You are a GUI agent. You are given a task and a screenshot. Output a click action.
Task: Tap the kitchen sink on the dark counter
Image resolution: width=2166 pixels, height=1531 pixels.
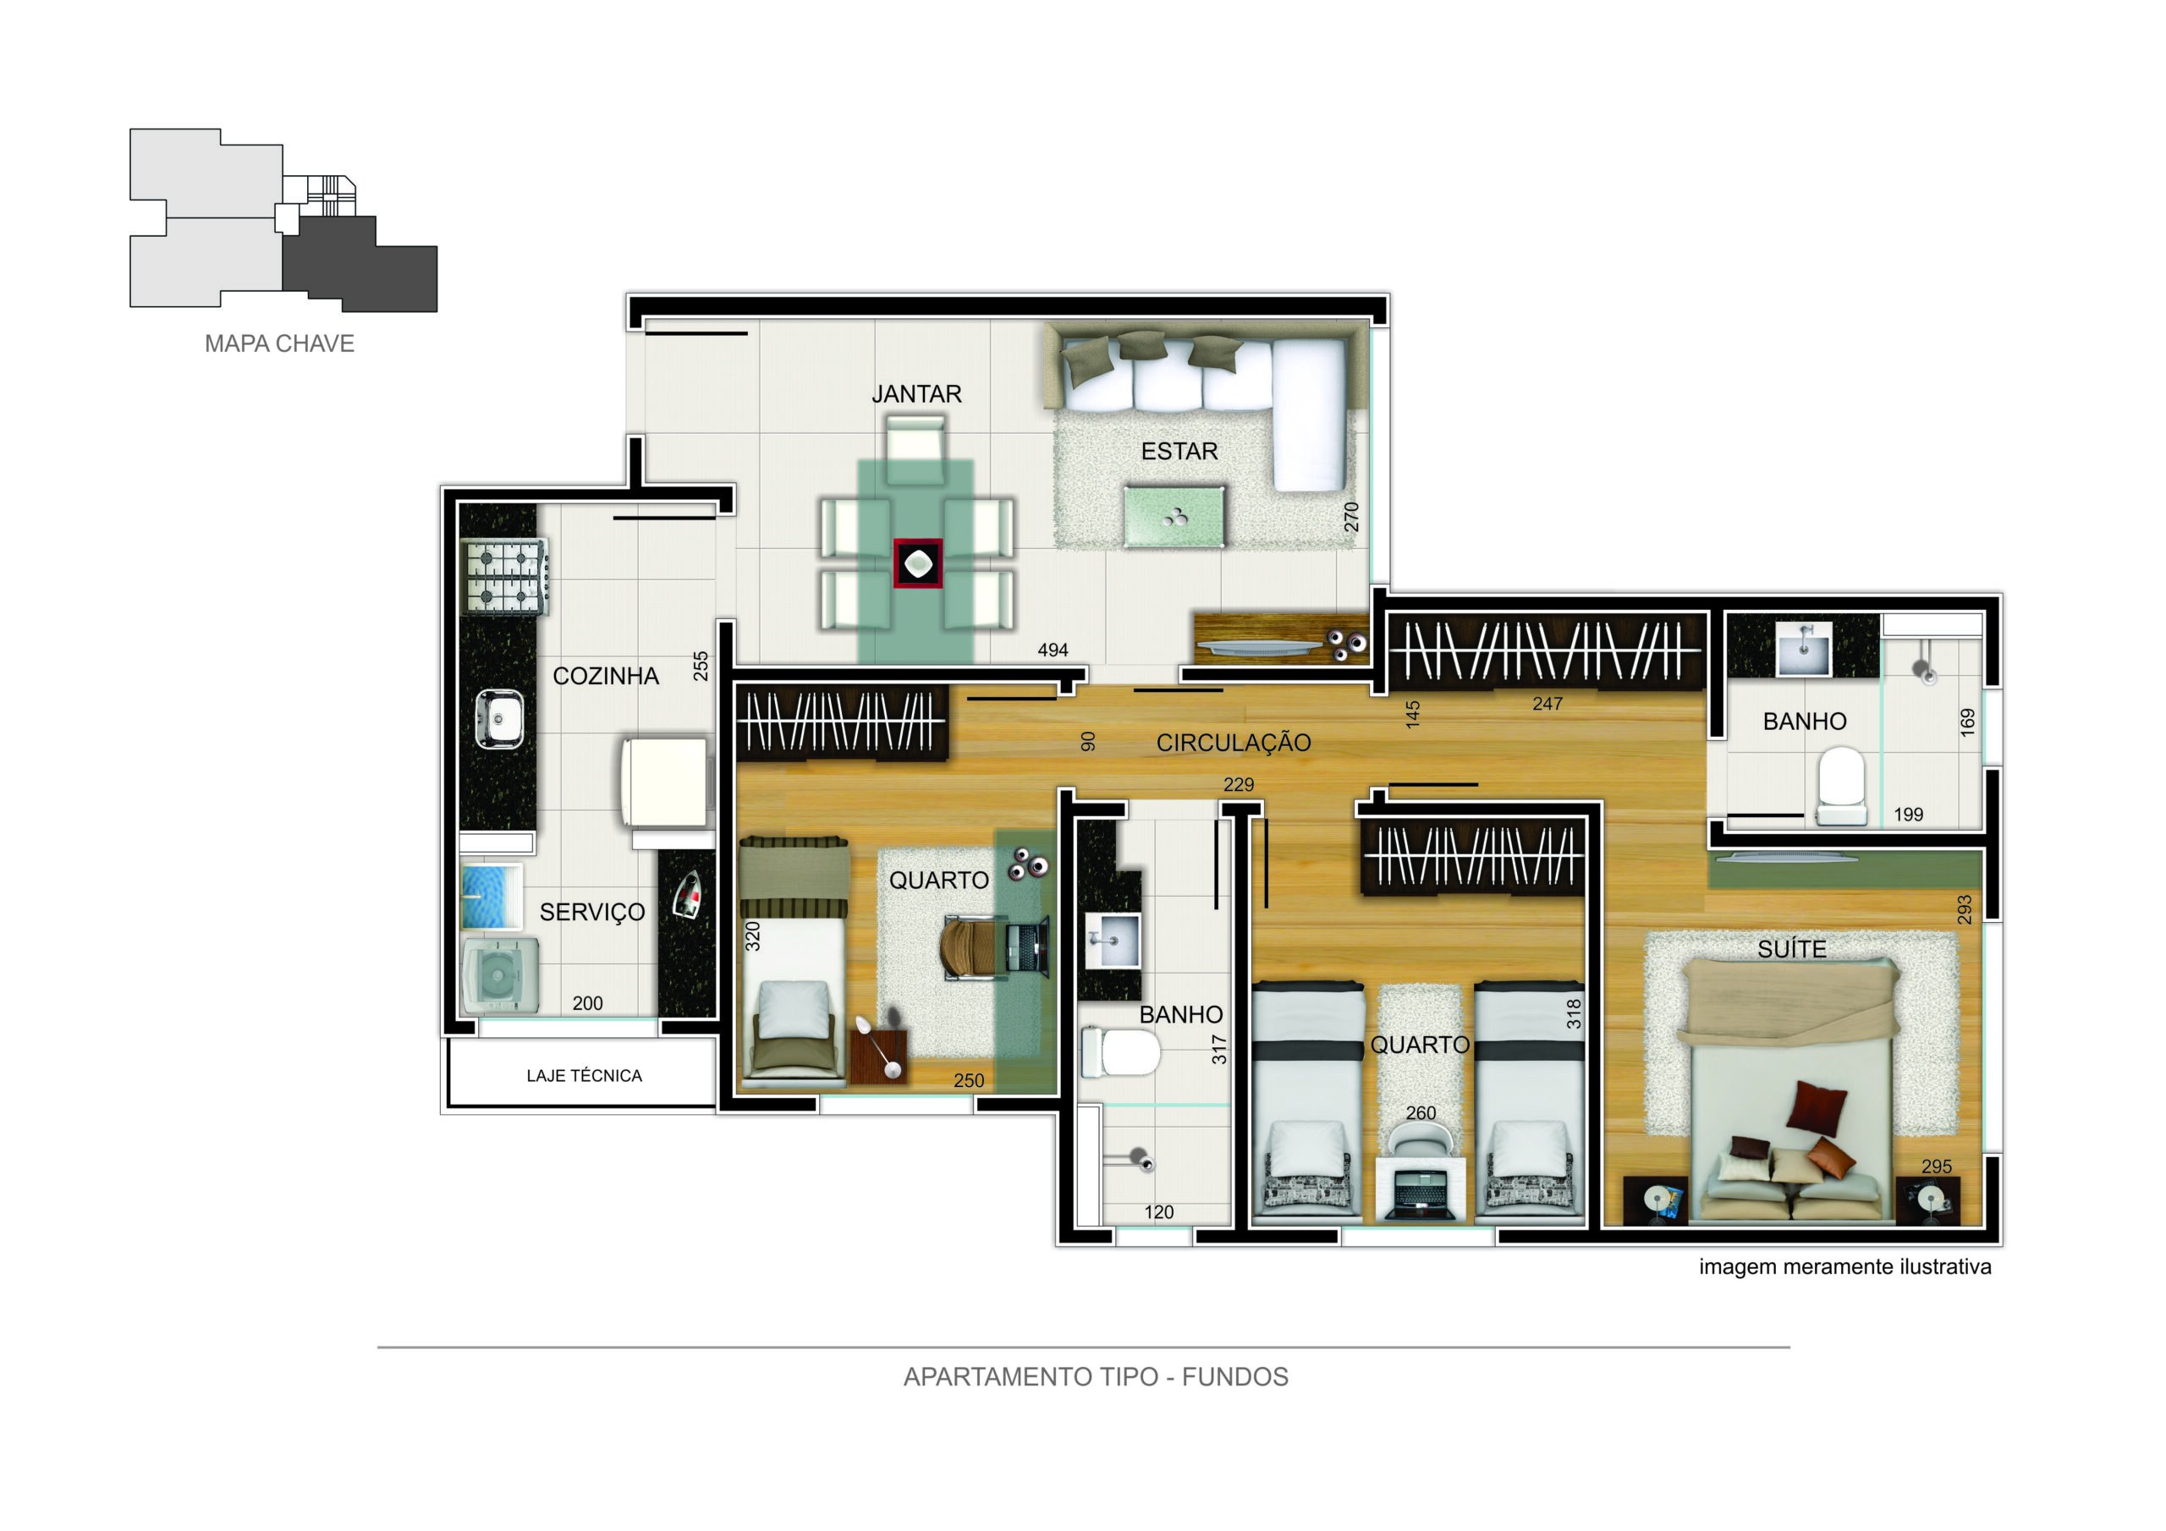tap(499, 720)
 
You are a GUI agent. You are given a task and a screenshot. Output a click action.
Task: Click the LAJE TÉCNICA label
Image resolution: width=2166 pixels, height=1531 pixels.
tap(584, 1075)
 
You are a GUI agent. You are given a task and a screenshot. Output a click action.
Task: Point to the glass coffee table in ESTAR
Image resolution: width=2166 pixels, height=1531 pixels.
tap(1174, 516)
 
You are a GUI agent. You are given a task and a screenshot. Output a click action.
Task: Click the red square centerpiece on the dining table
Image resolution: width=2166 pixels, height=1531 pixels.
tap(918, 563)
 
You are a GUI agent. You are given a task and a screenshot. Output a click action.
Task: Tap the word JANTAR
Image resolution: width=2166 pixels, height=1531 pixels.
tap(916, 394)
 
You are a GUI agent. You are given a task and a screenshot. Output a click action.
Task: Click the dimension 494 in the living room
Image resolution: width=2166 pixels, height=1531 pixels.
tap(1053, 650)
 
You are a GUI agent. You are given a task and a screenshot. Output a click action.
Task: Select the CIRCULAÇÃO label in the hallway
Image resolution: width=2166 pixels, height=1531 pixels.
tap(1233, 744)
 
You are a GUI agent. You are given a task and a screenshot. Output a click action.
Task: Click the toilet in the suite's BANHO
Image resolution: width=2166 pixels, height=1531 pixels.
tap(1840, 785)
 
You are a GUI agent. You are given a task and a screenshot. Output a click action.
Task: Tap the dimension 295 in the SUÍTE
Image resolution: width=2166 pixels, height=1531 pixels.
tap(1936, 1167)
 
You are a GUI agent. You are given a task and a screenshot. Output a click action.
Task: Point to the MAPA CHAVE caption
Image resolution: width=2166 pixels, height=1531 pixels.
tap(279, 343)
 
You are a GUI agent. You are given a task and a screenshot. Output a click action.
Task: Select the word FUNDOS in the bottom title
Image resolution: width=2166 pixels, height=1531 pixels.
tap(1235, 1377)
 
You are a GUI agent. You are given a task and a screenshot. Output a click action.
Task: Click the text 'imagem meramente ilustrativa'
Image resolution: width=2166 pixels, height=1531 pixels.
tap(1844, 1267)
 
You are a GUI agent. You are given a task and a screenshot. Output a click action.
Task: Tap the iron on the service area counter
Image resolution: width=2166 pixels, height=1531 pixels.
tap(687, 894)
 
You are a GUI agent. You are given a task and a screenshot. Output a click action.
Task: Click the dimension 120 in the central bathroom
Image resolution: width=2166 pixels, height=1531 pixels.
tap(1158, 1212)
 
